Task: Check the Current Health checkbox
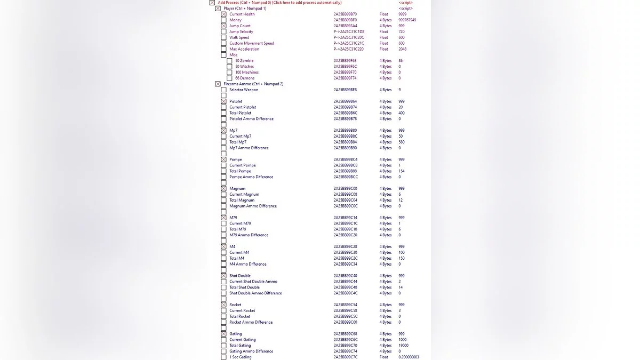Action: click(224, 14)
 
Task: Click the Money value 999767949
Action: click(407, 20)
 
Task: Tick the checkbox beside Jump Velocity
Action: click(224, 32)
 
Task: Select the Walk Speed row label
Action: click(239, 38)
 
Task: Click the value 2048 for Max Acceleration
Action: click(402, 49)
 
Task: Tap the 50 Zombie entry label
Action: click(244, 61)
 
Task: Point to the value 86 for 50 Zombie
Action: click(401, 61)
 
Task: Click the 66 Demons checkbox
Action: click(229, 78)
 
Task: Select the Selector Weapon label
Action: click(244, 90)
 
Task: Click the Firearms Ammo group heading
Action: click(253, 84)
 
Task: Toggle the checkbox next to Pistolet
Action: click(224, 101)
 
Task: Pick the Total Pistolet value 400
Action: click(401, 113)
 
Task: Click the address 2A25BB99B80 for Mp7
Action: click(345, 131)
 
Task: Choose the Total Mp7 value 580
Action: click(401, 142)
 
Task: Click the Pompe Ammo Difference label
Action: click(251, 177)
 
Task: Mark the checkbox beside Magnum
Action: click(224, 189)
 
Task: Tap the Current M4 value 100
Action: click(401, 253)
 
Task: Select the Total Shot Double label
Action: click(244, 287)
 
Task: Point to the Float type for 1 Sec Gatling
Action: click(383, 357)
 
